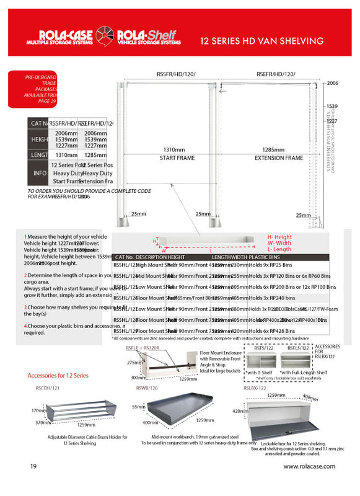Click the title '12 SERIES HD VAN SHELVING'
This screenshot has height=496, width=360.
point(261,42)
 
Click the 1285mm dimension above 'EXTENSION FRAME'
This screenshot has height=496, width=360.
point(276,150)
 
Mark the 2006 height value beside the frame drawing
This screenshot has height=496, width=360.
point(333,82)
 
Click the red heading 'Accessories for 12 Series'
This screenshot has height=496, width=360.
point(58,376)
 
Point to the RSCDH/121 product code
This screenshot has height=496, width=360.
point(48,387)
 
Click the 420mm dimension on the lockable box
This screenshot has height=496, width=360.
point(239,410)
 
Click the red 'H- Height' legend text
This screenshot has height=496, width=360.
point(279,237)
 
